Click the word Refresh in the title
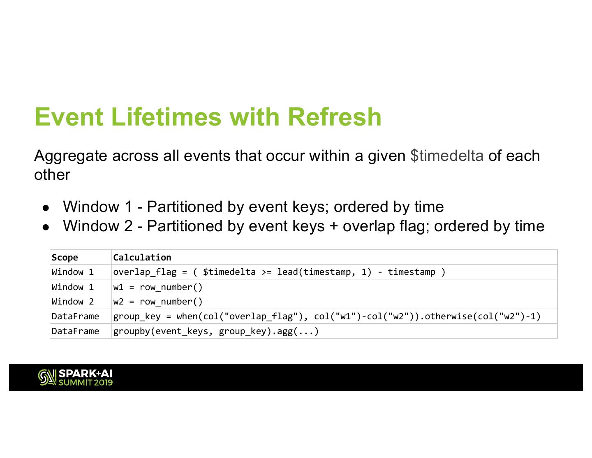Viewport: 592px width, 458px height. [334, 117]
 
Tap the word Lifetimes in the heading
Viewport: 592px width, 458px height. [166, 117]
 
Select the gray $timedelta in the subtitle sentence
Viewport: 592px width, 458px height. [447, 156]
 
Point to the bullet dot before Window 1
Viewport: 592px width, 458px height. [46, 208]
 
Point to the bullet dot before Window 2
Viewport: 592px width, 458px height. [46, 228]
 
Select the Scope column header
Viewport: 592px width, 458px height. [65, 257]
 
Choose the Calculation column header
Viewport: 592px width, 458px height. [142, 257]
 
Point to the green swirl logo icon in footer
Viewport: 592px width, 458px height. [47, 377]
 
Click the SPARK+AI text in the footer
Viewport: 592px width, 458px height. [85, 374]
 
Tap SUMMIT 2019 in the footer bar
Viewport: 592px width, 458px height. [86, 382]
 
